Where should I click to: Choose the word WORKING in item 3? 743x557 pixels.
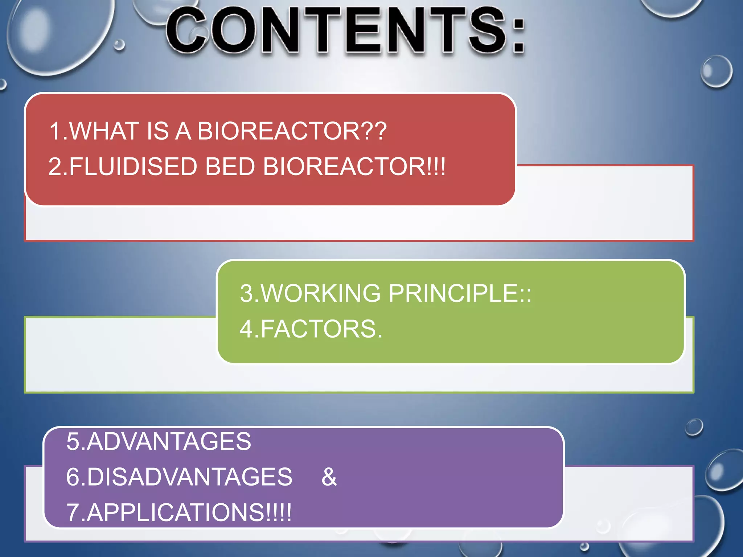321,293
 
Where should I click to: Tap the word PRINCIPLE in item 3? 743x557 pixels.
453,293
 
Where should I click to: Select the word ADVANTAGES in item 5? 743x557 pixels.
169,441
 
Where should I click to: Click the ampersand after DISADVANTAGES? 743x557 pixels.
329,476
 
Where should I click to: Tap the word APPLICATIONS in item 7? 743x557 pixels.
176,512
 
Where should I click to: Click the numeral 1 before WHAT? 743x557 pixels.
55,131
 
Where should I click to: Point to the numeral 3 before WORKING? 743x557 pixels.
246,293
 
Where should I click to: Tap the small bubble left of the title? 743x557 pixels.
119,45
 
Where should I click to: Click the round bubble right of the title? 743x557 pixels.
716,71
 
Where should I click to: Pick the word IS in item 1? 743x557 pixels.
157,131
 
